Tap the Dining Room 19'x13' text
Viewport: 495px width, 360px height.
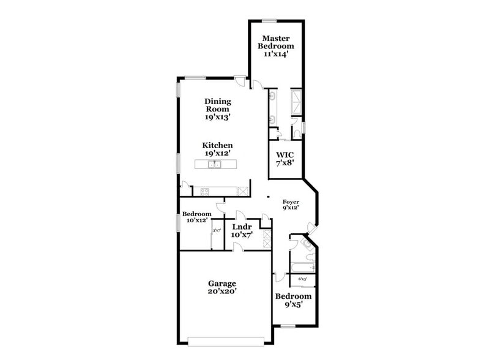[217, 108]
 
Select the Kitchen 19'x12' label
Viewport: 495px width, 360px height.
[218, 149]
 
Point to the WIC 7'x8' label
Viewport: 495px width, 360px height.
[286, 159]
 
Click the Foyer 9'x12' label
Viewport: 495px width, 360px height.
[290, 204]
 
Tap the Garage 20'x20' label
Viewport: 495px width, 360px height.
[221, 287]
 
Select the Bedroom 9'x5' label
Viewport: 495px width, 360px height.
[292, 300]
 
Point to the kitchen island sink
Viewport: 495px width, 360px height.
[215, 164]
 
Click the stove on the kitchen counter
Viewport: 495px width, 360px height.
[205, 192]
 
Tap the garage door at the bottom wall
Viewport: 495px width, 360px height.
[226, 341]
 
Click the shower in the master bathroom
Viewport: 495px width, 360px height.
[297, 103]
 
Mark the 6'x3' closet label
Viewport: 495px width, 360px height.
[302, 279]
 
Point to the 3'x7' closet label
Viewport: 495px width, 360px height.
[217, 231]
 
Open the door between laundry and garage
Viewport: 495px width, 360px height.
[239, 246]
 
